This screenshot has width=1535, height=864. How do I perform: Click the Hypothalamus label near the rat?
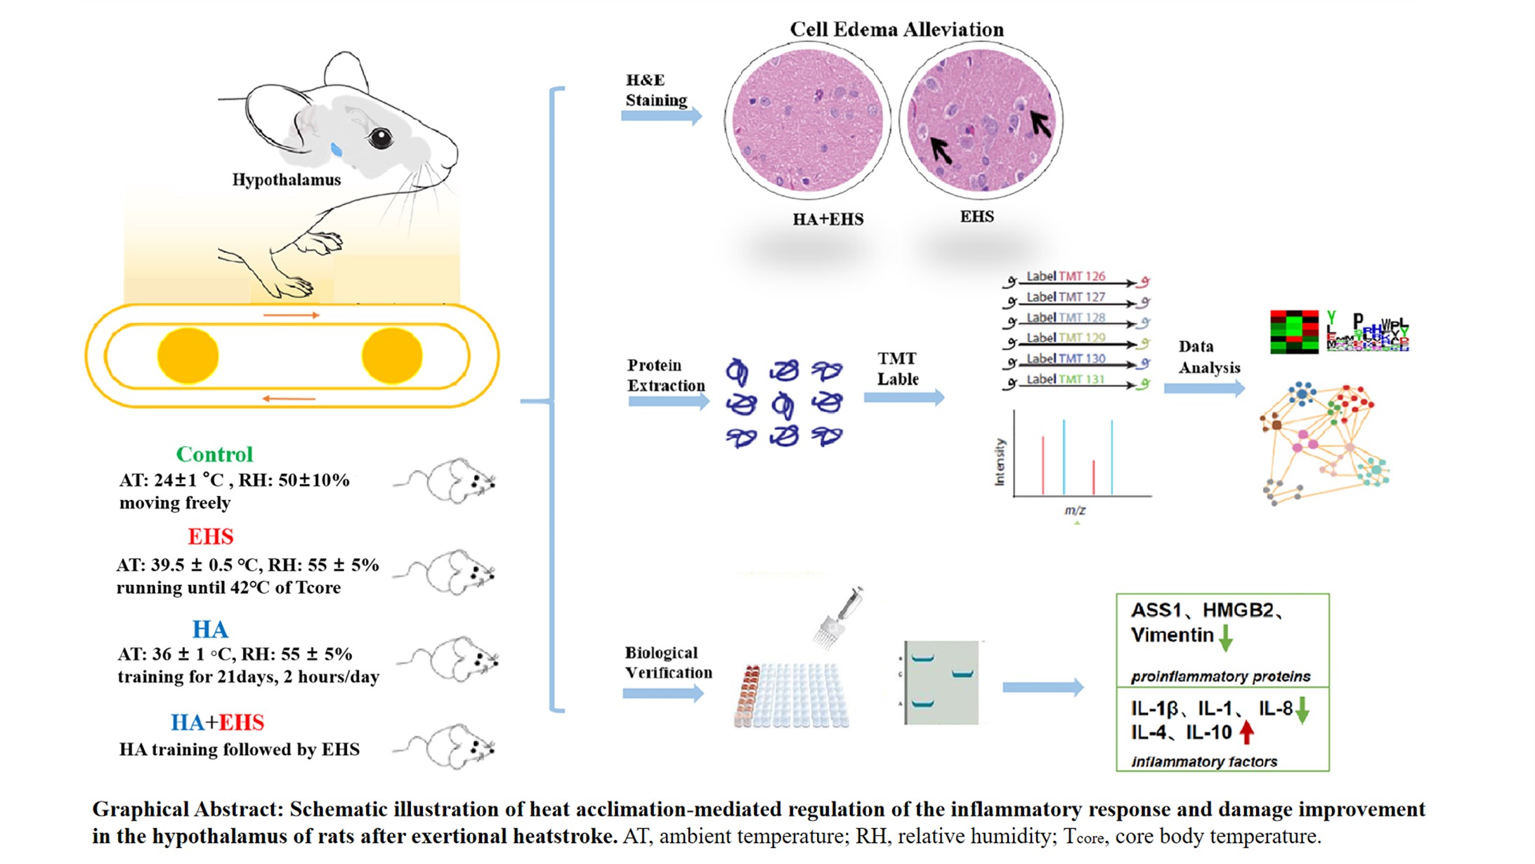tap(287, 180)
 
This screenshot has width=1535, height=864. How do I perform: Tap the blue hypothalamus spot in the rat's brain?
tap(337, 149)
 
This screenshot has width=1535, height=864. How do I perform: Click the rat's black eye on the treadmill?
tap(380, 138)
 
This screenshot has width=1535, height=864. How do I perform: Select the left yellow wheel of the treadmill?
tap(188, 356)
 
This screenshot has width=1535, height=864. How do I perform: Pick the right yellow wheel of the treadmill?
tap(392, 356)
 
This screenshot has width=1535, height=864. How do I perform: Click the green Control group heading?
tap(214, 454)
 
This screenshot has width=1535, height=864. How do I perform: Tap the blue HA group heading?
tap(209, 629)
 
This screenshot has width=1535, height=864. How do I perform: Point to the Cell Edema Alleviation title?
tap(896, 30)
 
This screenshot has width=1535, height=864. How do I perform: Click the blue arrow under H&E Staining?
tap(661, 116)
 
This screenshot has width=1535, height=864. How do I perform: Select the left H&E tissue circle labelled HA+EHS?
tap(807, 121)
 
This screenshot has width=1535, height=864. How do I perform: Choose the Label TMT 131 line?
tap(1075, 381)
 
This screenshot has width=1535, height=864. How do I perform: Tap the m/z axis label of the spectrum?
tap(1075, 510)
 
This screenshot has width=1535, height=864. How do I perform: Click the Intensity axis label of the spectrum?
tap(1000, 462)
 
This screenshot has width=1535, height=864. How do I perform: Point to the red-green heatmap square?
tap(1294, 332)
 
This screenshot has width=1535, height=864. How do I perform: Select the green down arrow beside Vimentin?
tap(1226, 636)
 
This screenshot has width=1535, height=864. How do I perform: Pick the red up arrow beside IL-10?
tap(1247, 733)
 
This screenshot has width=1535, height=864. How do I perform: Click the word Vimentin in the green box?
tap(1172, 635)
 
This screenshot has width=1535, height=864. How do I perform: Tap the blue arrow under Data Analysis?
tap(1204, 388)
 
